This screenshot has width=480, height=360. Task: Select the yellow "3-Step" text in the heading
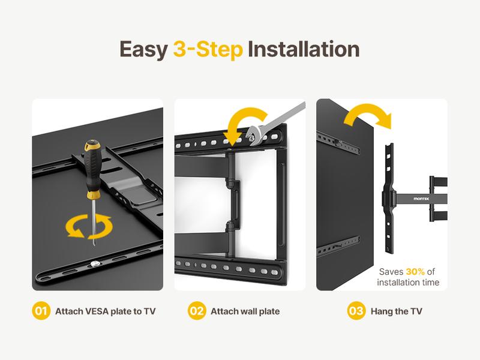click(208, 49)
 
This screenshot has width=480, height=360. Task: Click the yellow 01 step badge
click(40, 311)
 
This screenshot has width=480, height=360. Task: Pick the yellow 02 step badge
click(196, 311)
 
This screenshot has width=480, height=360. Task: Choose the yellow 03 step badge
click(356, 311)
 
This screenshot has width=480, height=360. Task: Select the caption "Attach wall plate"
click(245, 311)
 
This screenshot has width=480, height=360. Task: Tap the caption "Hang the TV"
click(397, 311)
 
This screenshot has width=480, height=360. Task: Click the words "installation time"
click(408, 282)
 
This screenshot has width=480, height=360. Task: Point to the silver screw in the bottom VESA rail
click(97, 263)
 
